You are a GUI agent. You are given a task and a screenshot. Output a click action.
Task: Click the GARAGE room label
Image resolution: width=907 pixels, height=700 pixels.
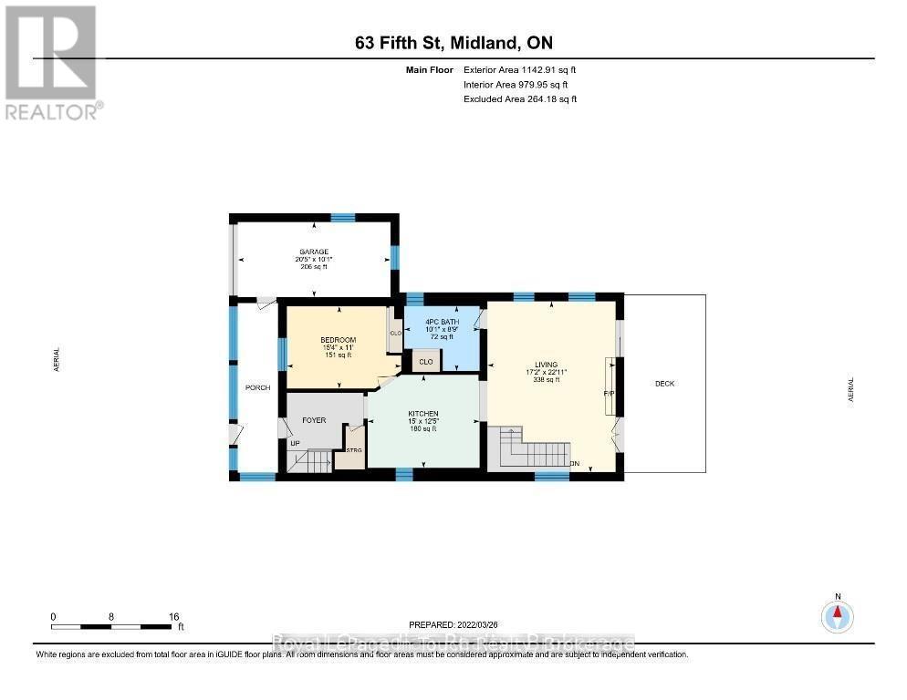313,252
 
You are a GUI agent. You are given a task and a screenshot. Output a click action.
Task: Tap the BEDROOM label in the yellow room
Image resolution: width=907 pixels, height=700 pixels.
338,340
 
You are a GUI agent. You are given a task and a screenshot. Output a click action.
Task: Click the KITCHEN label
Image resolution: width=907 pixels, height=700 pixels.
422,414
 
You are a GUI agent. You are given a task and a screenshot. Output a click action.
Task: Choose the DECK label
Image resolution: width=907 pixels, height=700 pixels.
664,384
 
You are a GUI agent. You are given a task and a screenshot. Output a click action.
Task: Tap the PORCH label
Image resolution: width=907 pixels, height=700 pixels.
257,388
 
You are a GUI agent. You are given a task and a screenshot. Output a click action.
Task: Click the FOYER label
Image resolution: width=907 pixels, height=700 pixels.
314,421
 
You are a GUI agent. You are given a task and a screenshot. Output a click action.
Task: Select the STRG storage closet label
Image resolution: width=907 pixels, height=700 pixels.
354,450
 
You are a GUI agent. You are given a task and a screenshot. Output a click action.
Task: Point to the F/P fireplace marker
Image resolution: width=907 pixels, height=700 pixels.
608,393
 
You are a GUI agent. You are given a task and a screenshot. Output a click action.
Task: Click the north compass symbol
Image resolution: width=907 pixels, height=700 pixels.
837,617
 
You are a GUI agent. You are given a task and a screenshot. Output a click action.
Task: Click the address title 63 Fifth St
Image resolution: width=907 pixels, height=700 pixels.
453,43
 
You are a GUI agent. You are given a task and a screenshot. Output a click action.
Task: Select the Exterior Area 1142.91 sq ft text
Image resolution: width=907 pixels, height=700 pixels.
520,69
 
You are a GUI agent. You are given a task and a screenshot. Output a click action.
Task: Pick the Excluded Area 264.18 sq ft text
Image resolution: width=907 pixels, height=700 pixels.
520,99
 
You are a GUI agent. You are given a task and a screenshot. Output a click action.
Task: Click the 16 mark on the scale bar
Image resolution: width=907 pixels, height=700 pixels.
172,616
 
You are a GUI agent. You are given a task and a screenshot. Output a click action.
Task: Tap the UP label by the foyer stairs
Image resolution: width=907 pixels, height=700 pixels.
295,443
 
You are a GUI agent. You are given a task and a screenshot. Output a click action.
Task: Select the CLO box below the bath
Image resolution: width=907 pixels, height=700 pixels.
426,362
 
